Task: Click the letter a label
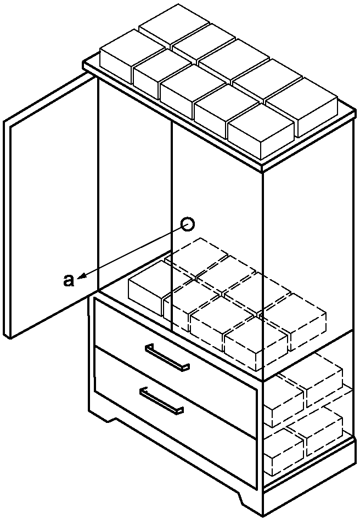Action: [69, 280]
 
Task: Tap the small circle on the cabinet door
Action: [188, 224]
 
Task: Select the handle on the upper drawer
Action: [167, 357]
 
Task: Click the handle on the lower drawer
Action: [162, 400]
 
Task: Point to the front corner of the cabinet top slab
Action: [262, 168]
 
